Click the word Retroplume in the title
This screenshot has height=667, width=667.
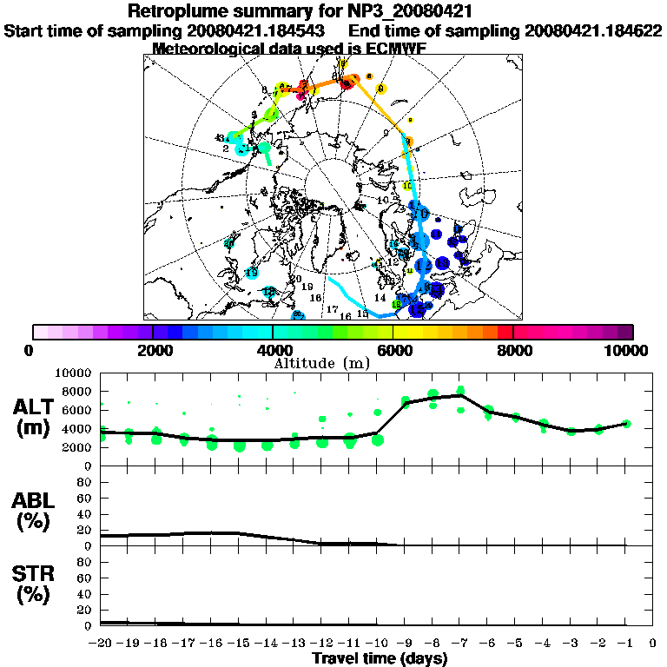coord(177,11)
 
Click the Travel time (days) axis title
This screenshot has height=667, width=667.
coord(380,659)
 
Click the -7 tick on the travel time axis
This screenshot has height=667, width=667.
coord(459,644)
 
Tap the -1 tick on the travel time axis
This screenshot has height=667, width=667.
coord(625,644)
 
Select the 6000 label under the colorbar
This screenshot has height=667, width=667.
coord(393,351)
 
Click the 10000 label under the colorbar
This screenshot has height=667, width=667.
coord(628,351)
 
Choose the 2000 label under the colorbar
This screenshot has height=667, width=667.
coord(153,351)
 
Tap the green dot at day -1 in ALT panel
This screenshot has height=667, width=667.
coord(626,424)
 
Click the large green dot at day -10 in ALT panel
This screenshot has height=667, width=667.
coord(378,439)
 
